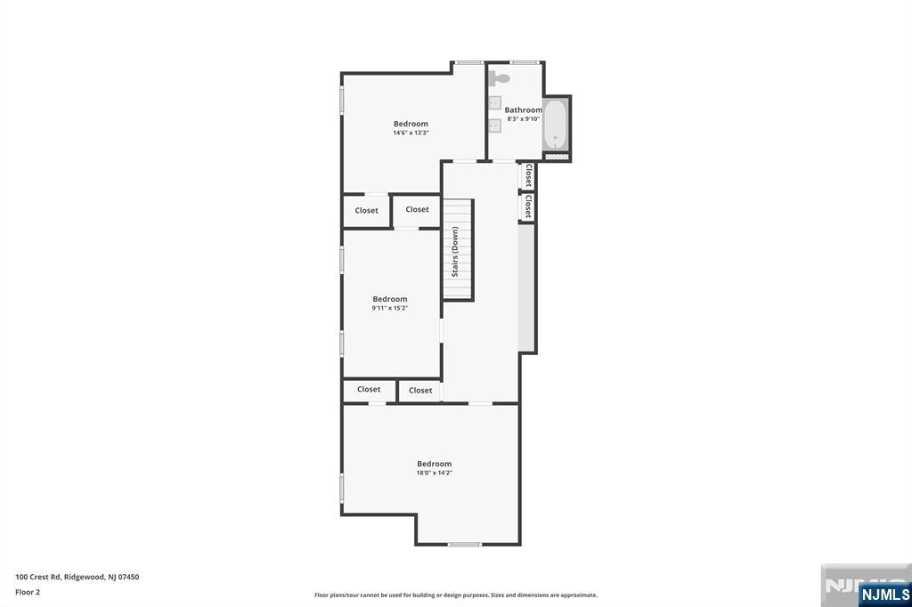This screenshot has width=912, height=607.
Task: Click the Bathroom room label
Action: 524,109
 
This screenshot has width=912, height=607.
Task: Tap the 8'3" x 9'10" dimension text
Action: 524,118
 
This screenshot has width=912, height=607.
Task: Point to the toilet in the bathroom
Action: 500,78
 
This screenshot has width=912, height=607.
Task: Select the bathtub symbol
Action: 556,125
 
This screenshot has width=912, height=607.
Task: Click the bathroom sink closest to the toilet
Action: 495,103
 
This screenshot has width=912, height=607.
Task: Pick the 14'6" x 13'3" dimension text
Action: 411,133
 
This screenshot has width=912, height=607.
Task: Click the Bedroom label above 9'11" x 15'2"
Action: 390,299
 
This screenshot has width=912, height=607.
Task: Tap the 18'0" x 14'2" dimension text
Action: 435,473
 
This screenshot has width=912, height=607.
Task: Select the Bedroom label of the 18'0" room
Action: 435,464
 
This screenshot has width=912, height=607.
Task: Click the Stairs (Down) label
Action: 455,251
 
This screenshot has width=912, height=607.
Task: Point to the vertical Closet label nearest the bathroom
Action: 528,175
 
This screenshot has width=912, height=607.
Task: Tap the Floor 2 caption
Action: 28,592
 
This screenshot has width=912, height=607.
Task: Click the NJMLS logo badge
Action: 884,594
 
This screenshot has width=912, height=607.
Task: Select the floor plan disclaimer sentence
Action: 456,595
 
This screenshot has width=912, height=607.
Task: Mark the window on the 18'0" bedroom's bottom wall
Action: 465,544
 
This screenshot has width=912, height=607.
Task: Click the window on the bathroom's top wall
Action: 525,62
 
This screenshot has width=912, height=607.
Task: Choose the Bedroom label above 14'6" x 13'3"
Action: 411,123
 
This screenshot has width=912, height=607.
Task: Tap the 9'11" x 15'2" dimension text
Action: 390,308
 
